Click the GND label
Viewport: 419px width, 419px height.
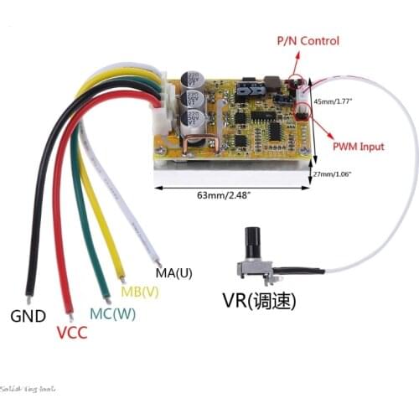pyautogui.click(x=28, y=317)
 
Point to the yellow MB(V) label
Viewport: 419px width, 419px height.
pyautogui.click(x=140, y=292)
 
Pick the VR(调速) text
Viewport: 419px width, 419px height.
pyautogui.click(x=259, y=300)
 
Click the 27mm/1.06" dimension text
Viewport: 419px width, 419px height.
pyautogui.click(x=332, y=174)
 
